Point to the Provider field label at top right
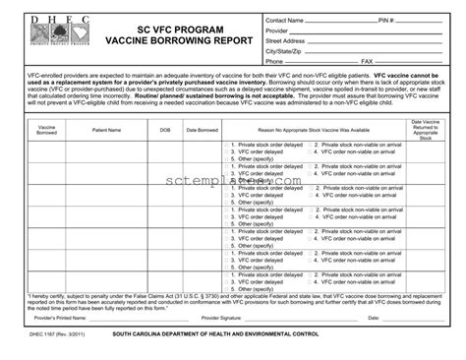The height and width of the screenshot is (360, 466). [277, 30]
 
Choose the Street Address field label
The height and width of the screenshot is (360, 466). [285, 40]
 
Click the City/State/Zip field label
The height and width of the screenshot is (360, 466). [284, 51]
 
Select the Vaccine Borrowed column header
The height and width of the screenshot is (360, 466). [46, 129]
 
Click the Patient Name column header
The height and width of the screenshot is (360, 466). [106, 129]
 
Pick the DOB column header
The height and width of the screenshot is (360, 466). [164, 129]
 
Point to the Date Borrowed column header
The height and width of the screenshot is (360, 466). [202, 129]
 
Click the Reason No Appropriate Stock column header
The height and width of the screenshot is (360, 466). [314, 129]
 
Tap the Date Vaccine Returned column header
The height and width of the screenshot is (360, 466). [425, 129]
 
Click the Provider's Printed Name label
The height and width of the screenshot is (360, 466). [61, 319]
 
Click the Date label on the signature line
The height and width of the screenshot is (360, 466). [374, 319]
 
